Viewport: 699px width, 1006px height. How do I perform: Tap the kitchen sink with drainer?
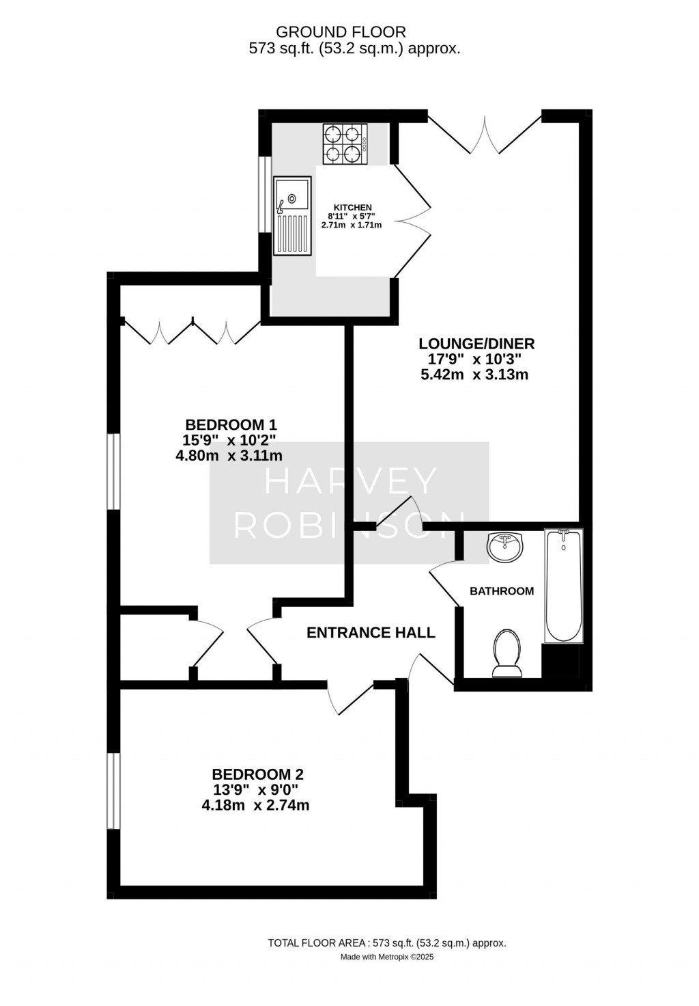(x=292, y=215)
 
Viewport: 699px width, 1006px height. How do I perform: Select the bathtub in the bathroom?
(x=563, y=586)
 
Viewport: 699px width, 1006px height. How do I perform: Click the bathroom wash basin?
(x=505, y=547)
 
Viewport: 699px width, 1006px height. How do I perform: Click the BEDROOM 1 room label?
(x=229, y=424)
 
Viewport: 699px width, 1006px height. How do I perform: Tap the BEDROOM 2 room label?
(x=257, y=774)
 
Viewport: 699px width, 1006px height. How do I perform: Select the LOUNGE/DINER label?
(x=476, y=344)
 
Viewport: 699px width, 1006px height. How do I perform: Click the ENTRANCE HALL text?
(x=371, y=633)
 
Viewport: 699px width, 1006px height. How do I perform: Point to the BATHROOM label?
(x=502, y=591)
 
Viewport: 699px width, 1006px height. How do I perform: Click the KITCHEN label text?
(x=352, y=208)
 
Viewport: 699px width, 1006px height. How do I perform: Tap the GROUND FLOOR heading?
(x=341, y=31)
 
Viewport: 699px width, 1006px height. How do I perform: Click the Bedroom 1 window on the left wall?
(x=114, y=472)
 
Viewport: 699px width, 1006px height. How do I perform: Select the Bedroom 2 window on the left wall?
(x=114, y=791)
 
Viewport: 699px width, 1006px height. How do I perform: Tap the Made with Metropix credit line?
(x=387, y=957)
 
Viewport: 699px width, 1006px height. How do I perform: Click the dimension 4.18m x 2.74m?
(x=255, y=805)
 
